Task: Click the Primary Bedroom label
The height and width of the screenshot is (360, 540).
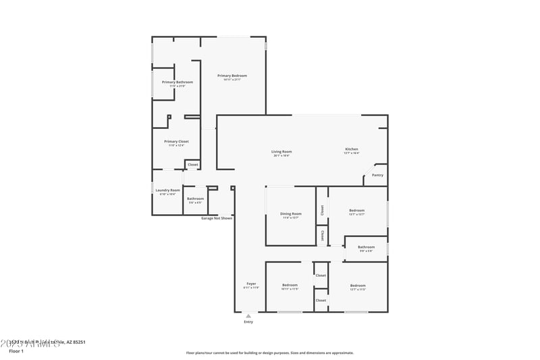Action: pyautogui.click(x=232, y=76)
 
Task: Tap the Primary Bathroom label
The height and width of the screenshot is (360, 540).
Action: pyautogui.click(x=177, y=82)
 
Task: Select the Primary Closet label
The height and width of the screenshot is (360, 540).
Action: pyautogui.click(x=176, y=142)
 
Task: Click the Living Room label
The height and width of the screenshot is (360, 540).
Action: pyautogui.click(x=281, y=151)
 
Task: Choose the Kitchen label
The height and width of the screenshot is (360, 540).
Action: pyautogui.click(x=352, y=149)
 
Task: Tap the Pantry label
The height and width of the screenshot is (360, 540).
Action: pyautogui.click(x=377, y=175)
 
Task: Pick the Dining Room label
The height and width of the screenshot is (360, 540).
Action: pyautogui.click(x=291, y=214)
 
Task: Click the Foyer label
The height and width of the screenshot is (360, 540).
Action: pyautogui.click(x=251, y=284)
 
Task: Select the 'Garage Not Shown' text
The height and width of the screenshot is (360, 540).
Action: pyautogui.click(x=217, y=218)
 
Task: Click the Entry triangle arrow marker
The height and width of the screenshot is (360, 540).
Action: pyautogui.click(x=248, y=315)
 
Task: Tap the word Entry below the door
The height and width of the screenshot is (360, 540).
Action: pyautogui.click(x=248, y=322)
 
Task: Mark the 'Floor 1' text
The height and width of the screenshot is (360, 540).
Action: pyautogui.click(x=16, y=351)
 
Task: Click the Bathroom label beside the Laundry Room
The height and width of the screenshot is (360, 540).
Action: pyautogui.click(x=195, y=199)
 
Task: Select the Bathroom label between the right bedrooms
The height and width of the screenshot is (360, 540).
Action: pyautogui.click(x=366, y=247)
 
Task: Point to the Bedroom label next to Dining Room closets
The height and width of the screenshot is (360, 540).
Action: pyautogui.click(x=356, y=211)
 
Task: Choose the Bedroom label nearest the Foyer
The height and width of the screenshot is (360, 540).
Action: pyautogui.click(x=290, y=285)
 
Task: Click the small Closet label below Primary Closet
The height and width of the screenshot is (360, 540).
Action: pyautogui.click(x=192, y=164)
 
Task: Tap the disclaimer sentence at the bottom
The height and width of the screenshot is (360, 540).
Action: pyautogui.click(x=269, y=353)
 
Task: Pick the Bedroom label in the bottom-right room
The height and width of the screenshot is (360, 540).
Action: pyautogui.click(x=358, y=285)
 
